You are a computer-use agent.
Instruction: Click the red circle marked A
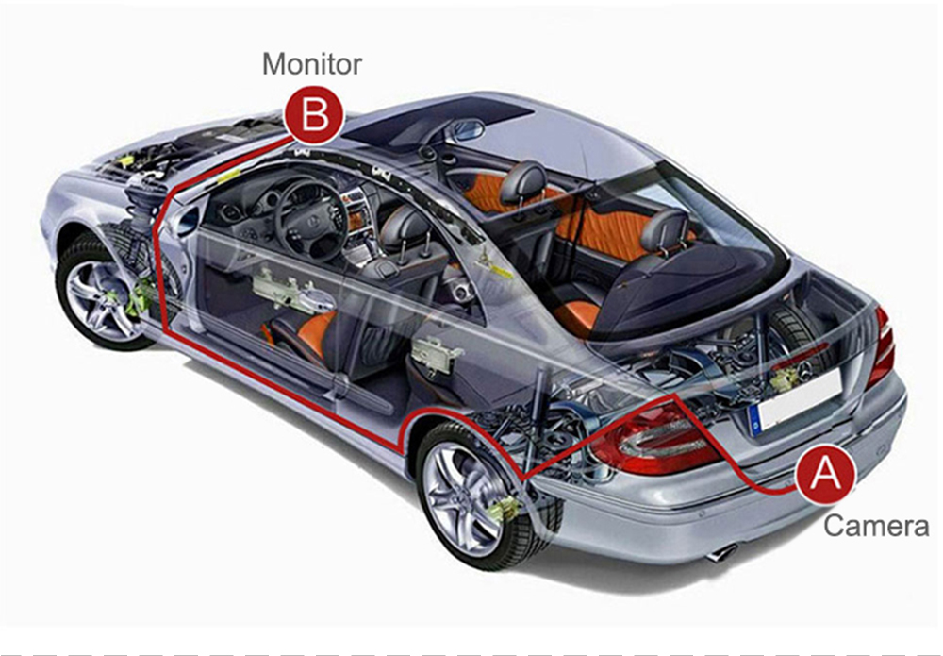(x=825, y=473)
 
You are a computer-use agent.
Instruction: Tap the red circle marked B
(x=314, y=114)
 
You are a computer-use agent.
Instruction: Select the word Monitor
(x=312, y=64)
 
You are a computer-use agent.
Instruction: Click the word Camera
(x=876, y=526)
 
